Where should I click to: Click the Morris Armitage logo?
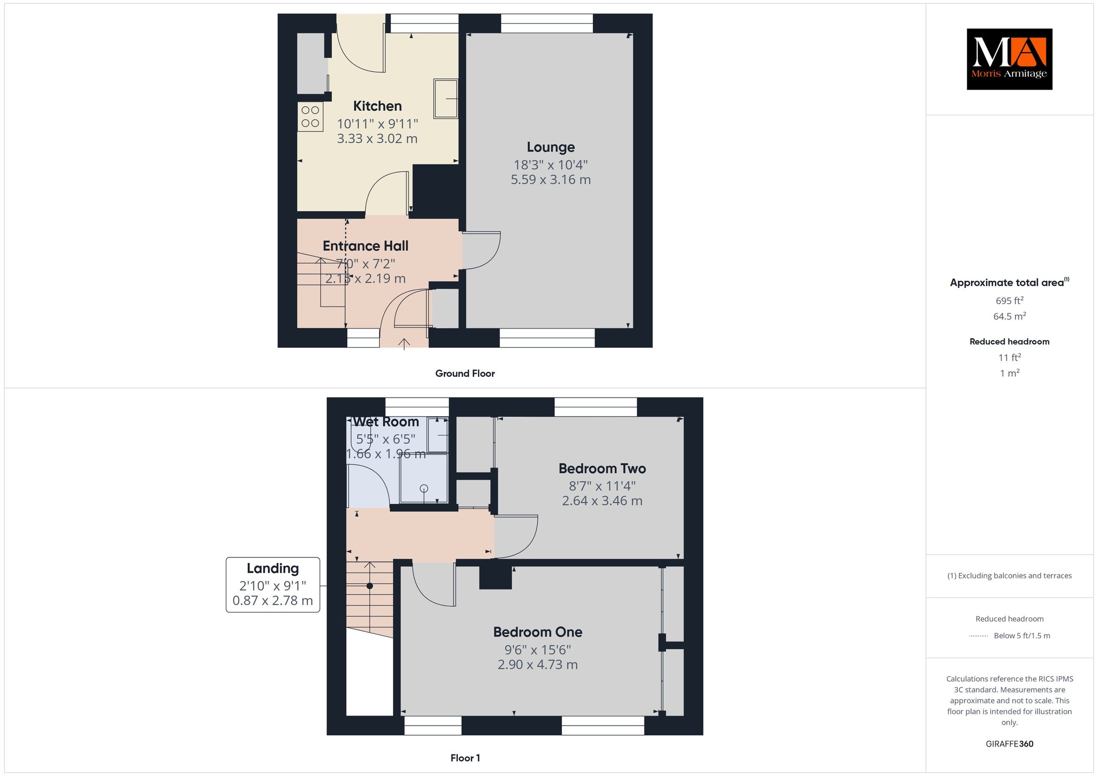[x=1009, y=59]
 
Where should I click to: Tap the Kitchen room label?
[x=377, y=106]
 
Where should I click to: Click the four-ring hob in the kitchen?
[x=310, y=117]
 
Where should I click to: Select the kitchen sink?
[x=446, y=99]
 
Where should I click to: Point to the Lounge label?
[x=551, y=147]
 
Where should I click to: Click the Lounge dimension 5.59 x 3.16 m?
[x=551, y=180]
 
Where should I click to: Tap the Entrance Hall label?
[x=366, y=246]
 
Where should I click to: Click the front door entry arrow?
[x=404, y=344]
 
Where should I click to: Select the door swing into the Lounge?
[x=481, y=250]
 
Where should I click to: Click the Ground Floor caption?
[x=465, y=374]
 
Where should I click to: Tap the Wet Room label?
[x=386, y=422]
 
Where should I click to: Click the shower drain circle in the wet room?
[x=424, y=488]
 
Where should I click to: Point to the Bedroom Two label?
[x=602, y=468]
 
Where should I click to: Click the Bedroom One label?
[x=538, y=632]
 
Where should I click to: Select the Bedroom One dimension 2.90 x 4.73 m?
[x=538, y=665]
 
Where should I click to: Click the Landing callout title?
[x=273, y=568]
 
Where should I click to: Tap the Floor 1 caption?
[x=465, y=758]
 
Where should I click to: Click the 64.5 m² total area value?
[x=1010, y=316]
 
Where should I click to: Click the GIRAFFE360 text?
[x=1010, y=744]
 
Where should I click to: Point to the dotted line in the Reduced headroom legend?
[x=978, y=636]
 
